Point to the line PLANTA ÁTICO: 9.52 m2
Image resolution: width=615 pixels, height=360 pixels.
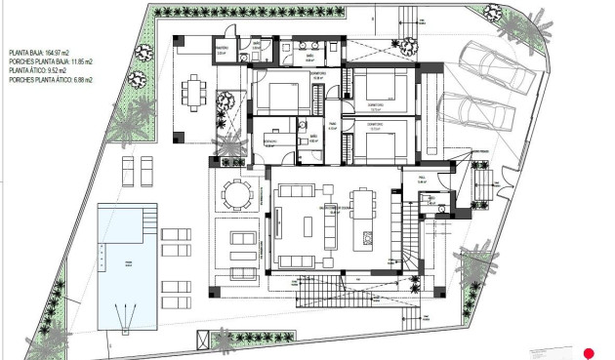(44, 71)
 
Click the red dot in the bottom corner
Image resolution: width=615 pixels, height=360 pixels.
(589, 352)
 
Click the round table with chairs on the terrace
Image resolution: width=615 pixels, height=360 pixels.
(235, 192)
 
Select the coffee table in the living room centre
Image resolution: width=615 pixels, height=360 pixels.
(308, 223)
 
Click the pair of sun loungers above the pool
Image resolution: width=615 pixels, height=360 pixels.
(136, 172)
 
